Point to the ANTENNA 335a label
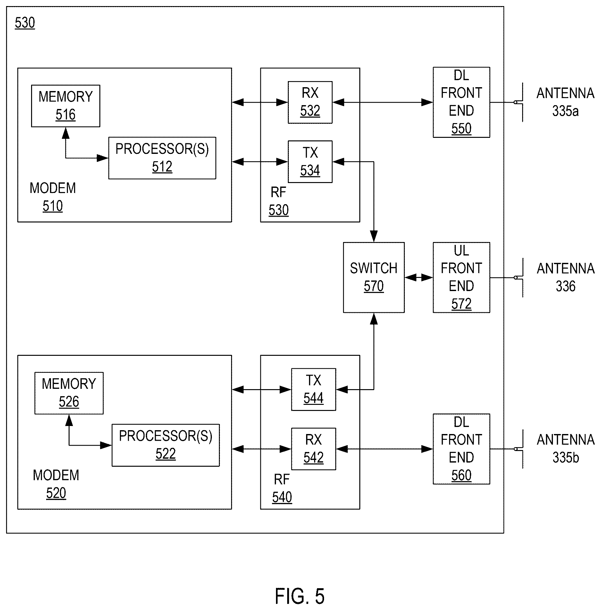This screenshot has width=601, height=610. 565,102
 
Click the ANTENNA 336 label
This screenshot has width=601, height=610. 565,277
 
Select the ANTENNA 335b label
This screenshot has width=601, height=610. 565,449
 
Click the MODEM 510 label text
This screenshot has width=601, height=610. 53,197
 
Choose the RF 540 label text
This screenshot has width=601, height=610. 282,488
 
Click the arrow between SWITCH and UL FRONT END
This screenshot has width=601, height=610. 419,277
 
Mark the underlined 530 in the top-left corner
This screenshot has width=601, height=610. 25,23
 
